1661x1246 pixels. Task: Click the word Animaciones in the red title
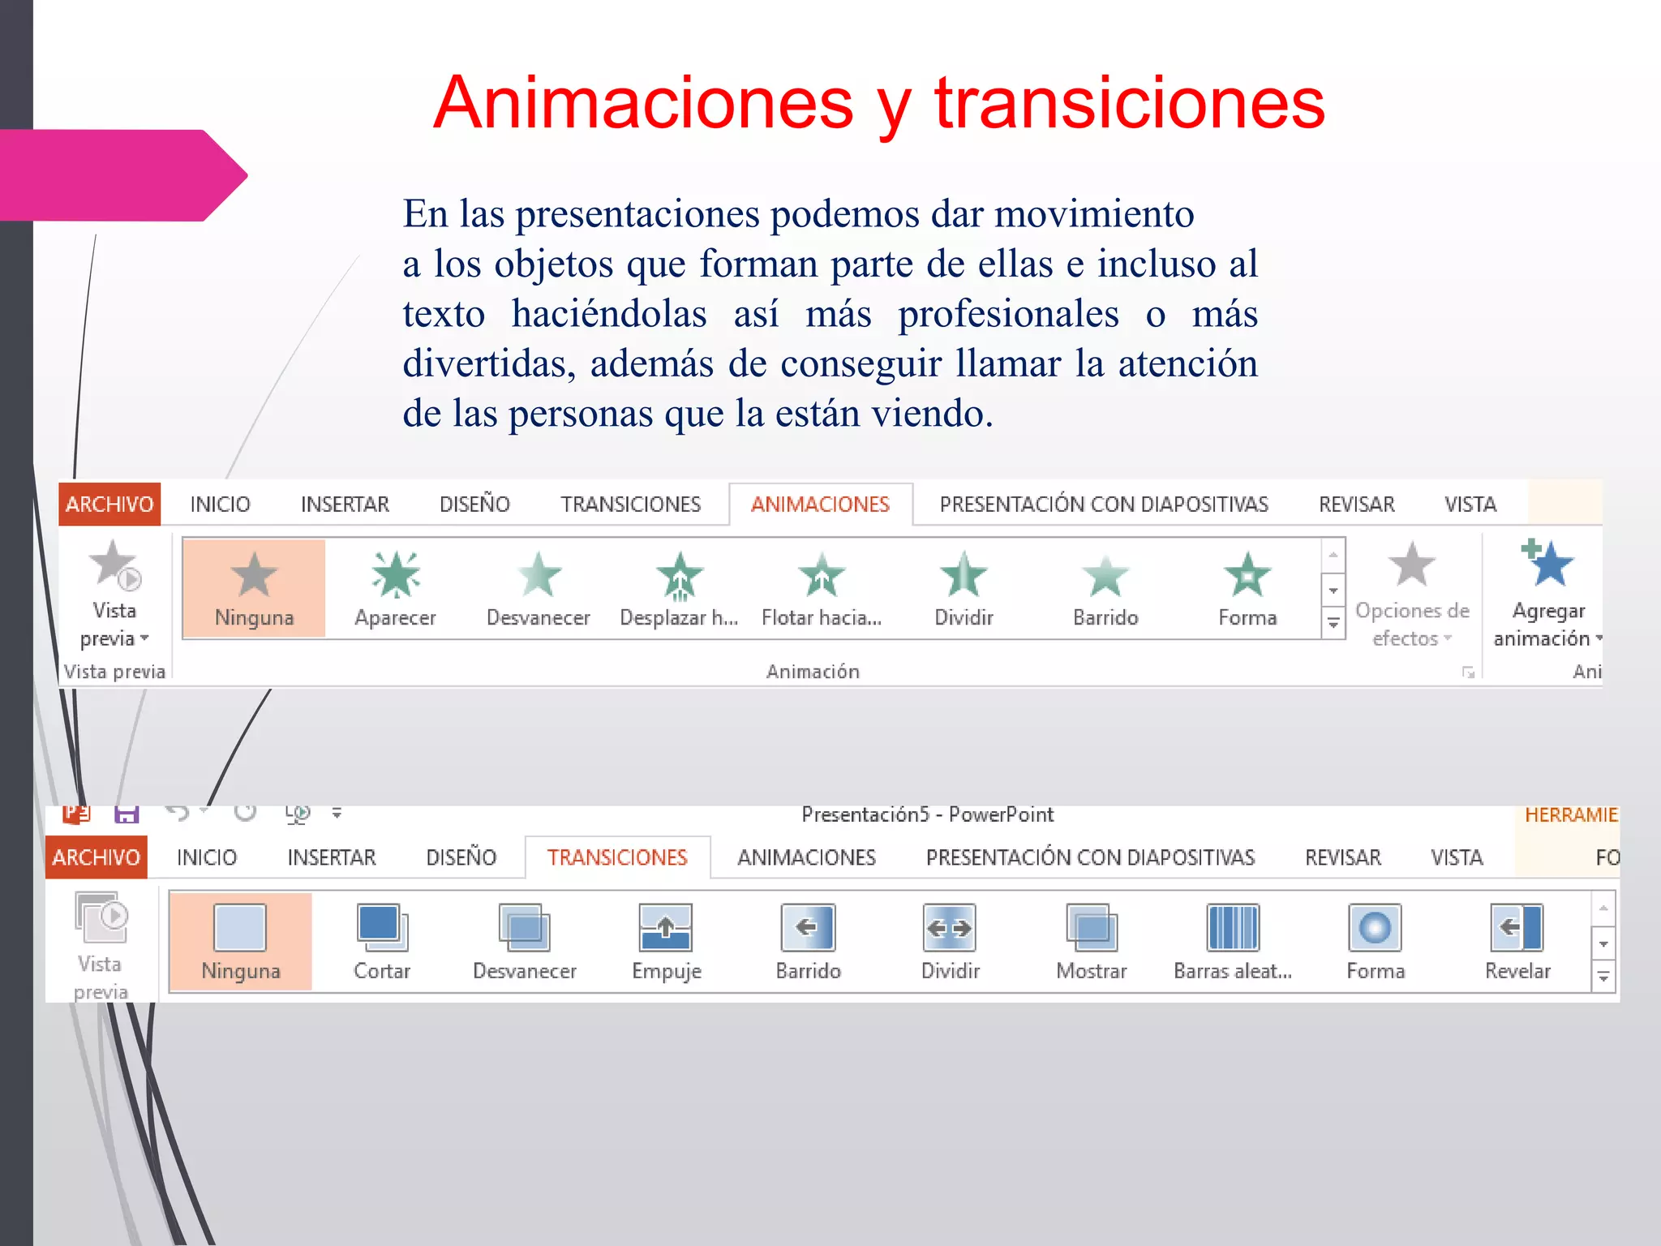[643, 103]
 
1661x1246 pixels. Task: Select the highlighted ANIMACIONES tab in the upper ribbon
[820, 505]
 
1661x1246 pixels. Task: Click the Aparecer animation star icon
[395, 575]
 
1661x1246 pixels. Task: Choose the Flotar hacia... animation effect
[822, 575]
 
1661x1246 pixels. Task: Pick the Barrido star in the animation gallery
[1105, 576]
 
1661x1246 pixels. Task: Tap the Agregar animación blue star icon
[1547, 564]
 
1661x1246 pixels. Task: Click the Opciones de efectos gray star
[1411, 565]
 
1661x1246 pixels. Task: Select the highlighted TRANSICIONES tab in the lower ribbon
[617, 857]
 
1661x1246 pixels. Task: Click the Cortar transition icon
[382, 928]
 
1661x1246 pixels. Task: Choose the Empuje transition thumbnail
[666, 928]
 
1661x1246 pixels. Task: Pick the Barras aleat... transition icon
[1233, 928]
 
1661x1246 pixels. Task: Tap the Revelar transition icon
[1517, 928]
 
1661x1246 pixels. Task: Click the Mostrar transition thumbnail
[1092, 928]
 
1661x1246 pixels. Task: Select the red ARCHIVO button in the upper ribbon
[109, 505]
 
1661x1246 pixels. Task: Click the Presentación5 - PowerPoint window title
[927, 814]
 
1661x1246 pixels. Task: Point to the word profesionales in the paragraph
[1008, 314]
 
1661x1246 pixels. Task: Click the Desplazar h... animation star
[680, 575]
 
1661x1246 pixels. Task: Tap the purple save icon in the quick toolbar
[127, 814]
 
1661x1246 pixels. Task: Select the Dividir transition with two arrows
[950, 928]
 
